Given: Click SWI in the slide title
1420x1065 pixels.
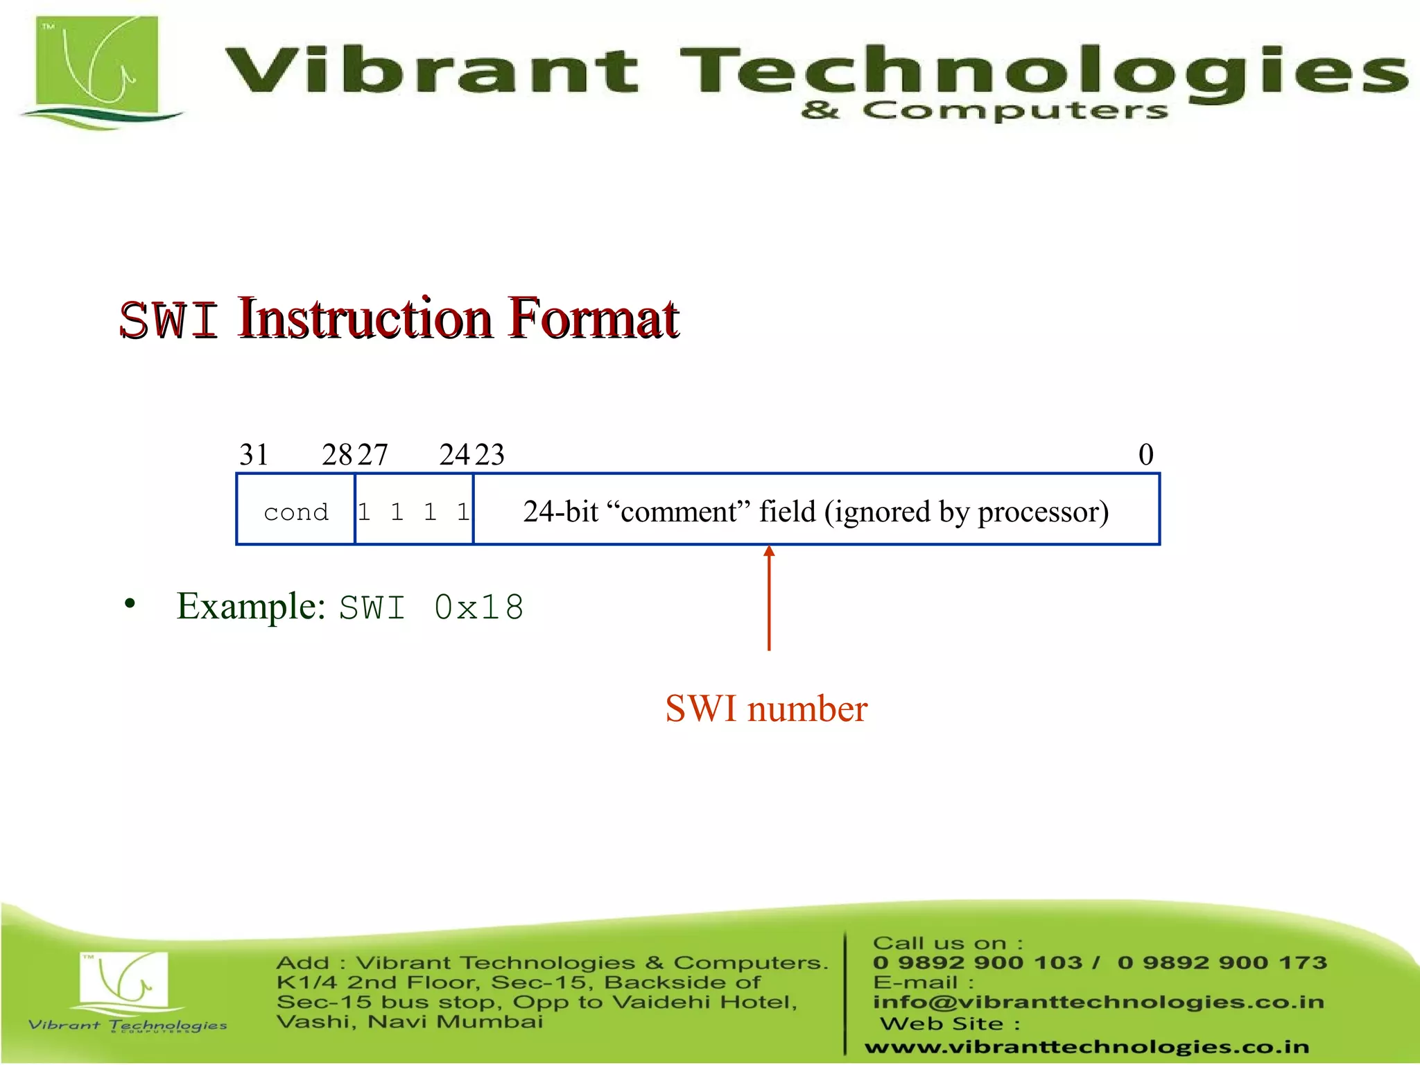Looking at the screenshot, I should tap(169, 320).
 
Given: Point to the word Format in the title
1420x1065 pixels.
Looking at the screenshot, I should tap(594, 319).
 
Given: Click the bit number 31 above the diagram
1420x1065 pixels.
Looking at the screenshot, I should tap(254, 455).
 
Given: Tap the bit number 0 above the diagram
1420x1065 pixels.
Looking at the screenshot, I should tap(1145, 455).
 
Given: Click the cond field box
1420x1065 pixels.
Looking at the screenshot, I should tap(296, 510).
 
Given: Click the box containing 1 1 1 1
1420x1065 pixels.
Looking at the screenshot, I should tap(414, 510).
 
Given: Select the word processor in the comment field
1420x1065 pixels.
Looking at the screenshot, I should tap(1043, 512).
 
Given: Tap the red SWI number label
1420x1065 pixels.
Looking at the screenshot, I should tap(766, 709).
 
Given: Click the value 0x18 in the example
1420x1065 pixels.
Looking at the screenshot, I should tap(478, 608).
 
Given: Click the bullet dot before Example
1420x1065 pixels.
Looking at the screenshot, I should tap(130, 604).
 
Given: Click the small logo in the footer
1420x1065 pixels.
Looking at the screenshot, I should tap(125, 984).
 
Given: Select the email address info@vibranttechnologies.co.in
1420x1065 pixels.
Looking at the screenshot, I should tap(1098, 1002).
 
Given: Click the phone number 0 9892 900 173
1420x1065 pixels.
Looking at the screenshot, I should tap(1222, 962).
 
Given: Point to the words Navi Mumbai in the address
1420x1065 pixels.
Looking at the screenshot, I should tap(455, 1022).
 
